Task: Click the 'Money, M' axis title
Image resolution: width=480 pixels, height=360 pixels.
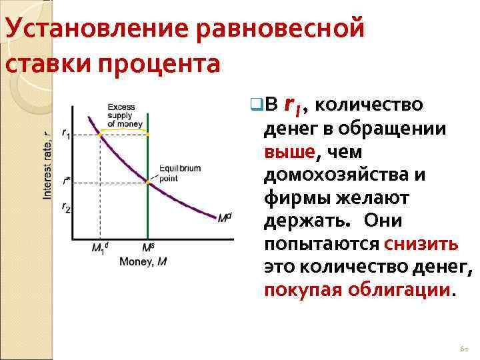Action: tap(143, 261)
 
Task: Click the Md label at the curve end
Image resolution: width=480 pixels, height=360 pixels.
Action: tap(225, 217)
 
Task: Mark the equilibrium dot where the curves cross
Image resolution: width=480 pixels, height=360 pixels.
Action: tap(147, 181)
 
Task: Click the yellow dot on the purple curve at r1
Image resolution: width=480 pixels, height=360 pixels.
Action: tap(100, 134)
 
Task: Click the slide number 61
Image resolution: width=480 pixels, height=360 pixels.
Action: tap(464, 349)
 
